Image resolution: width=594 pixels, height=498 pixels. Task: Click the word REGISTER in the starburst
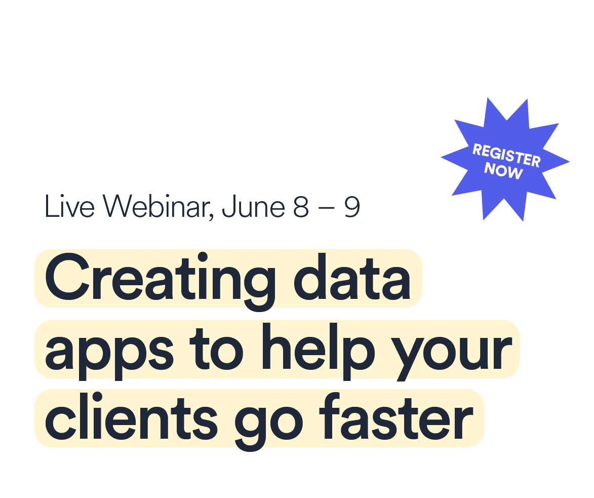coord(506,155)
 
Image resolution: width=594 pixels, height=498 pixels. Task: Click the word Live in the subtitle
coord(69,207)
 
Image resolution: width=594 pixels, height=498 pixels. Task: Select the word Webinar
coord(156,207)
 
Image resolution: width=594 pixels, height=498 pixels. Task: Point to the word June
coord(253,207)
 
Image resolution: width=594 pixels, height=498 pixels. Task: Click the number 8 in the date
coord(301,207)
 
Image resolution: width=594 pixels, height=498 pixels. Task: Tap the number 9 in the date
coord(352,207)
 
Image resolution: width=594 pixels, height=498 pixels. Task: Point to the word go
coord(268,425)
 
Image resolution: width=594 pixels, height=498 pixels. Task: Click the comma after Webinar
coord(211,216)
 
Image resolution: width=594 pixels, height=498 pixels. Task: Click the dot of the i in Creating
coord(203,256)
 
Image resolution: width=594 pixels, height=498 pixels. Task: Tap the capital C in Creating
coord(67,277)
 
